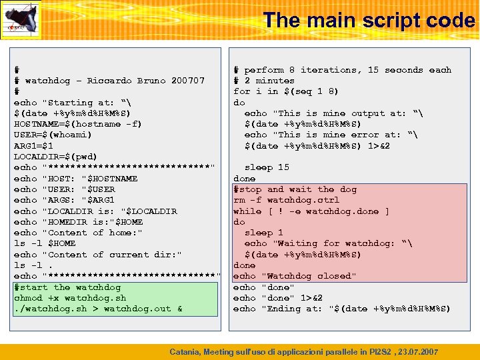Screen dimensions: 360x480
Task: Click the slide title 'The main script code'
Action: [369, 20]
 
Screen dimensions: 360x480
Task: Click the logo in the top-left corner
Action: [21, 20]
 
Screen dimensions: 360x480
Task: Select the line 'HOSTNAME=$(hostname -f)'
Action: [77, 124]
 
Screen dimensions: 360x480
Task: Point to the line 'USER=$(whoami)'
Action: [53, 135]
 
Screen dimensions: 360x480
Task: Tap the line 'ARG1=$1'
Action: [33, 145]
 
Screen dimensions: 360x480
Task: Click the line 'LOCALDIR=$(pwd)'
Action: [55, 157]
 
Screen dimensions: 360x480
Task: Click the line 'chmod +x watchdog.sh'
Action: [70, 298]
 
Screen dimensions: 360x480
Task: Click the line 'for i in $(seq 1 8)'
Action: [285, 91]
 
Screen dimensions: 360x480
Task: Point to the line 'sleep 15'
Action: [267, 167]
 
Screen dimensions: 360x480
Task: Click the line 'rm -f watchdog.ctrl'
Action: [286, 200]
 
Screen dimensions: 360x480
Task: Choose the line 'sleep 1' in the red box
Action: [264, 233]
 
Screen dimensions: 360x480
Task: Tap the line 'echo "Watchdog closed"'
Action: [295, 276]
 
